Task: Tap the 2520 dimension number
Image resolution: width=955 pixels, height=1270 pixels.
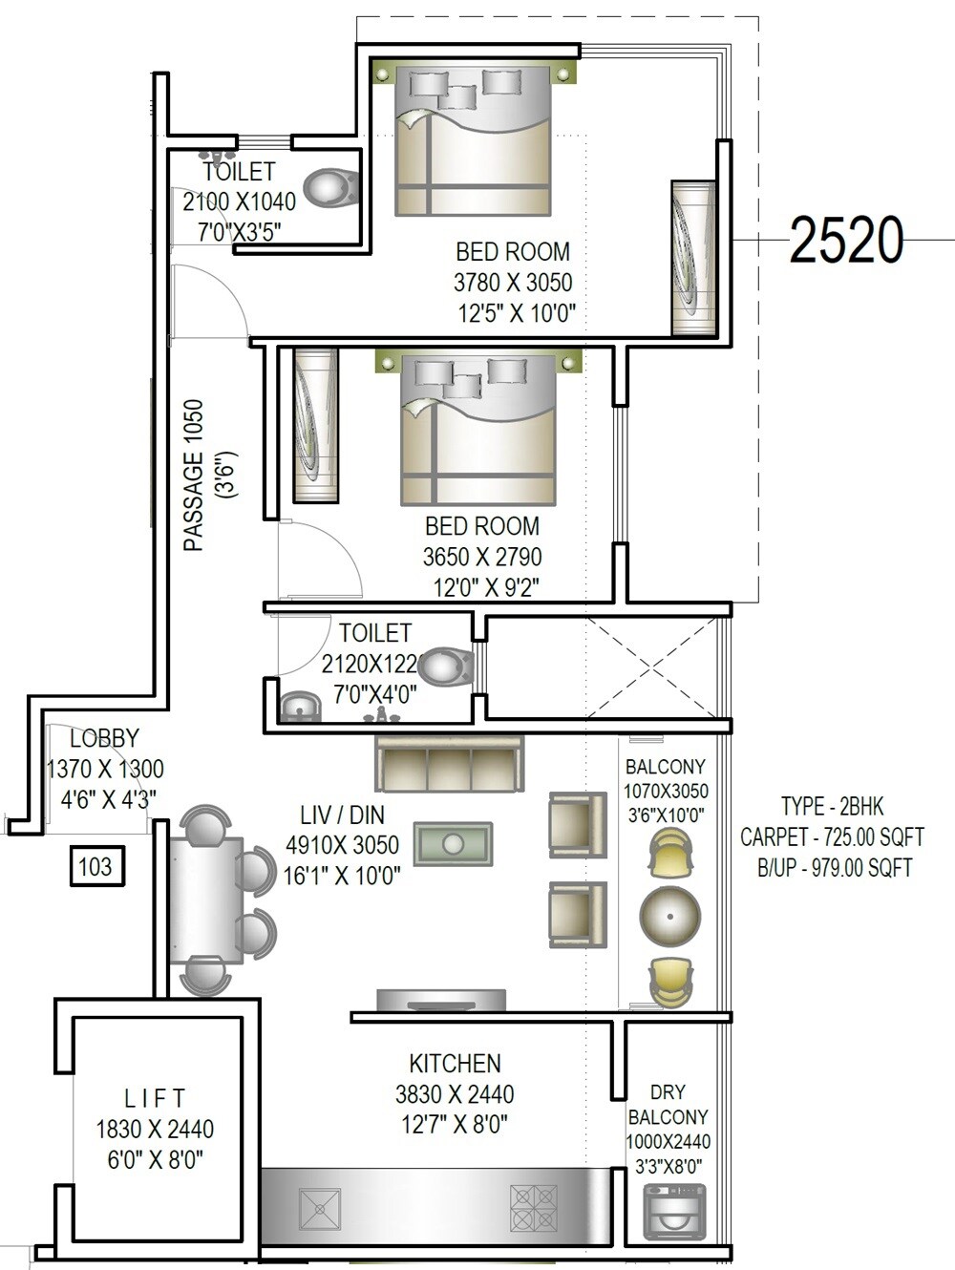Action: tap(846, 240)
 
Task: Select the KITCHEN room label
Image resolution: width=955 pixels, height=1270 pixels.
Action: tap(455, 1064)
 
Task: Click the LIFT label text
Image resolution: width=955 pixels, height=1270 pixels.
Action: tap(155, 1099)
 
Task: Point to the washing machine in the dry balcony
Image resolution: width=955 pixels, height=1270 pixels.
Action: tap(675, 1211)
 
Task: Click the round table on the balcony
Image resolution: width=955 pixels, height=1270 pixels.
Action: tap(670, 915)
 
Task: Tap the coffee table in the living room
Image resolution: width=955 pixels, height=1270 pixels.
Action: tap(454, 845)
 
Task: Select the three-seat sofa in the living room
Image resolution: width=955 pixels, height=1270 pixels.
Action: tap(449, 764)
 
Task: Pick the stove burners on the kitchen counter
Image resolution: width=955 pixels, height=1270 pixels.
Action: tap(533, 1208)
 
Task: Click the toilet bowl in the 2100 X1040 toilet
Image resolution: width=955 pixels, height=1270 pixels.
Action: tap(331, 187)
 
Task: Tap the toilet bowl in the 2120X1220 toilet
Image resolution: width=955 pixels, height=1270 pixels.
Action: tap(445, 667)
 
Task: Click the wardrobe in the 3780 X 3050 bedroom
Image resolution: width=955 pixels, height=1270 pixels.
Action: tap(693, 258)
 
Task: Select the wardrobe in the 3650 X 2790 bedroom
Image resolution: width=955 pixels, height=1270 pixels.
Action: tap(315, 425)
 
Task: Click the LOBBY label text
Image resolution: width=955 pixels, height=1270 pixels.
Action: tap(104, 738)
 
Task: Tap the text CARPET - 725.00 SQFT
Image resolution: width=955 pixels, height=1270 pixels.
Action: tap(832, 837)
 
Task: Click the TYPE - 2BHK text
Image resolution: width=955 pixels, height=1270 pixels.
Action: tap(832, 807)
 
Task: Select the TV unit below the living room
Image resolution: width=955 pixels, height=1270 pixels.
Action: tap(441, 1000)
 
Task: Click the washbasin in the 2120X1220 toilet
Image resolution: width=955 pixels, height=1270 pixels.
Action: tap(299, 708)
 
